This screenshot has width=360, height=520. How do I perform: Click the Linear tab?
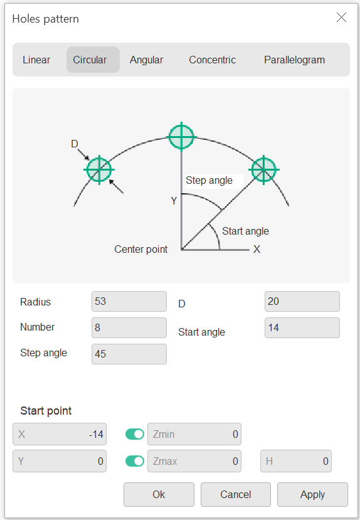tap(36, 60)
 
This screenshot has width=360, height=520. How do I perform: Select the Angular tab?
tap(146, 60)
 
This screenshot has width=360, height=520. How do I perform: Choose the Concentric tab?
tap(212, 60)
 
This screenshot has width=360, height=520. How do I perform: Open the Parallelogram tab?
tap(294, 60)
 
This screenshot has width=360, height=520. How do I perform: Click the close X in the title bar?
tap(341, 17)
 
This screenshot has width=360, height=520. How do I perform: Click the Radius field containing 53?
tap(129, 302)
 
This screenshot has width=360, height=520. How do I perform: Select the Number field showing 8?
tap(129, 327)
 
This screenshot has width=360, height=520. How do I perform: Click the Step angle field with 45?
tap(129, 354)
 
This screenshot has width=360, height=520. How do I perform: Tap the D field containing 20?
tap(302, 302)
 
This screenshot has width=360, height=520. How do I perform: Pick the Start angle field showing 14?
tap(302, 327)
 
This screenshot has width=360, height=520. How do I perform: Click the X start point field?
tap(60, 434)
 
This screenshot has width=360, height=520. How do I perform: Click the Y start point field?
tap(60, 461)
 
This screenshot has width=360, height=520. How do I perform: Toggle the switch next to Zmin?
tap(135, 434)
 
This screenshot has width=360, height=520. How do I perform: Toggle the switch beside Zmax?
tap(135, 461)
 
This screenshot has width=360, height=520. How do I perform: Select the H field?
tap(295, 461)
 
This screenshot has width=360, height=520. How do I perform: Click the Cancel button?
tap(236, 494)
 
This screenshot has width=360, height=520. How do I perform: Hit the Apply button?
tap(312, 494)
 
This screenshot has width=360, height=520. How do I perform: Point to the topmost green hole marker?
tap(181, 137)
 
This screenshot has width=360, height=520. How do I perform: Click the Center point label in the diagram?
tap(141, 250)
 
